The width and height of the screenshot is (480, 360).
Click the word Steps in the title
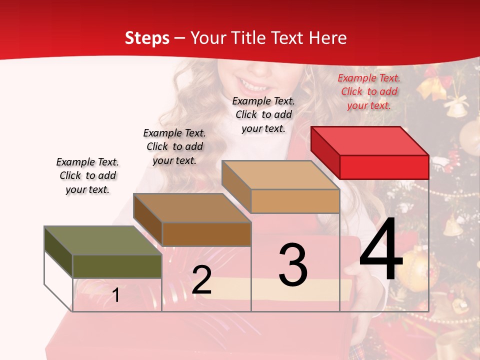(x=147, y=38)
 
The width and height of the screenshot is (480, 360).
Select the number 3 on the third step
(x=293, y=265)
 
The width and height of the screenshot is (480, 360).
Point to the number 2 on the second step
(x=201, y=280)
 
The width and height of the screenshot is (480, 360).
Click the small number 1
(x=116, y=295)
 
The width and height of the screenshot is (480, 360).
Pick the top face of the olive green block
(x=102, y=240)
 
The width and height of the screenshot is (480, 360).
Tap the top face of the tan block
(x=280, y=175)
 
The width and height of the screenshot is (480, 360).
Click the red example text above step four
(x=369, y=91)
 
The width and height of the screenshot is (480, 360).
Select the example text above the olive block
(x=87, y=175)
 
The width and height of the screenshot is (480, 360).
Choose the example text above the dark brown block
(x=174, y=146)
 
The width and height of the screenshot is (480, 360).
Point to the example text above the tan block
(x=263, y=114)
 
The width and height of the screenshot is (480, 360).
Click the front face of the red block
(x=384, y=167)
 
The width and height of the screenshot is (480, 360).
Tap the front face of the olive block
(x=117, y=266)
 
